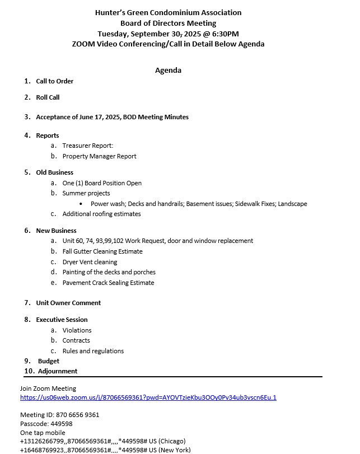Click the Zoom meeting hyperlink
tap(148, 397)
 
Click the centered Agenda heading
tap(168, 71)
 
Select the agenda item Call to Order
tap(54, 81)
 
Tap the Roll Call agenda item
tap(48, 97)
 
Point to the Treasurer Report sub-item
tap(87, 146)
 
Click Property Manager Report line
tap(99, 156)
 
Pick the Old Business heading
tap(54, 172)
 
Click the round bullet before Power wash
tap(82, 204)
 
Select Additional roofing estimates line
tap(101, 214)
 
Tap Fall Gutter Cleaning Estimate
tap(102, 251)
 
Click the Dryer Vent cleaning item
tap(90, 262)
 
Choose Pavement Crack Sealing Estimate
tap(108, 283)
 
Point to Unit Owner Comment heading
tap(68, 303)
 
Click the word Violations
tap(77, 330)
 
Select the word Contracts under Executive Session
tap(76, 340)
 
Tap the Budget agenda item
tap(49, 361)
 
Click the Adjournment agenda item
tap(58, 371)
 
